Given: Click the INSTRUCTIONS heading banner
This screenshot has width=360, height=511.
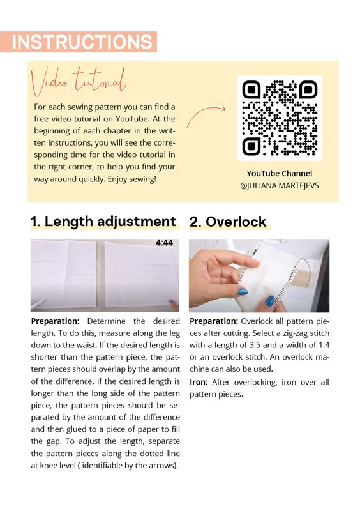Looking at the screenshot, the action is tap(78, 42).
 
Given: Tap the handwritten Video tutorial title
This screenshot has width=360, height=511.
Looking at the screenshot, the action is tap(79, 81).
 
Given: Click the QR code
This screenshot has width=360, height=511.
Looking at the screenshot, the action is tap(280, 118).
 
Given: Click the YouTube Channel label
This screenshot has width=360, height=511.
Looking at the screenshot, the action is tap(280, 173).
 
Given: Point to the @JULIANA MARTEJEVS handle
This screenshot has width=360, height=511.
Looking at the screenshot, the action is tap(280, 186).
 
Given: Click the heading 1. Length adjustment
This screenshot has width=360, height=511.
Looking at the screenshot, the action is tap(103, 222).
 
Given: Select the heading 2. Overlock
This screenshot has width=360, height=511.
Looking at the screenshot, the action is tap(228, 222).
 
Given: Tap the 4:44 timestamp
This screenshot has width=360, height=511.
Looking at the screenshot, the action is tap(164, 243).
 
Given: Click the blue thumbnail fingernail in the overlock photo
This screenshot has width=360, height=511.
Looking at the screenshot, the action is tap(243, 292).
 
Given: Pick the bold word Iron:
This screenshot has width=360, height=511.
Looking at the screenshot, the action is tap(199, 382).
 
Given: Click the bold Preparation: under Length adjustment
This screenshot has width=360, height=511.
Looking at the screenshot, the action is tap(55, 321).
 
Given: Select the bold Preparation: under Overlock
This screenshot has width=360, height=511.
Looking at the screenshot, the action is tap(214, 321).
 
